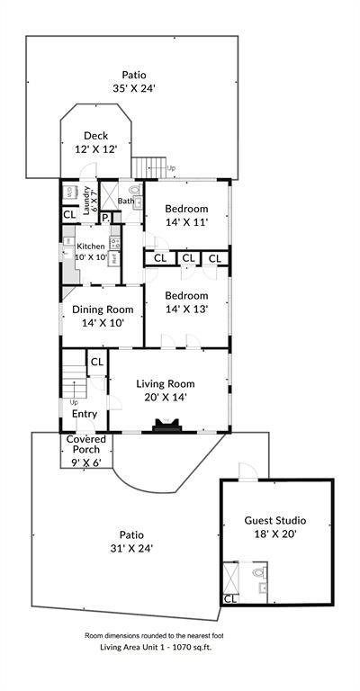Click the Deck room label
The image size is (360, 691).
[x=96, y=136]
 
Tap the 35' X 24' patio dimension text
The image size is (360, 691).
[x=134, y=89]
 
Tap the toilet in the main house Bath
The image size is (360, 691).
[x=134, y=191]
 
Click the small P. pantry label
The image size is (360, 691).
[x=105, y=217]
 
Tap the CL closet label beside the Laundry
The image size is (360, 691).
[x=69, y=215]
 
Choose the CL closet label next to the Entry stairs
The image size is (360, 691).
[x=96, y=361]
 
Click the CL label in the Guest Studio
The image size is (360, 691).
[x=229, y=598]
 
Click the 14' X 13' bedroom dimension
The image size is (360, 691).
[x=186, y=308]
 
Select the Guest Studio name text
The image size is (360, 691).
[x=275, y=520]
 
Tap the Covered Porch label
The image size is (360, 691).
[x=86, y=444]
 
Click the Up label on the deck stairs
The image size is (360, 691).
[x=171, y=167]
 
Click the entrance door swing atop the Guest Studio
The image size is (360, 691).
[x=247, y=471]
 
